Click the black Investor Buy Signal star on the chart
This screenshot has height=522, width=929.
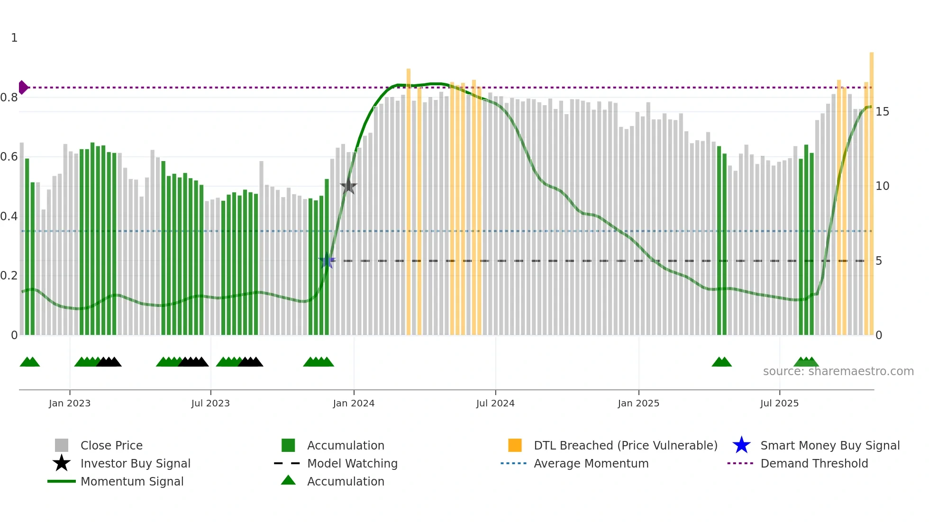(x=348, y=187)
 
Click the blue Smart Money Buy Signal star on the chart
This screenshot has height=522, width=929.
(x=327, y=261)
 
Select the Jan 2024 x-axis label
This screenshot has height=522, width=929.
(x=354, y=403)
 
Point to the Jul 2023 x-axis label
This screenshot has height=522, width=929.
(x=210, y=403)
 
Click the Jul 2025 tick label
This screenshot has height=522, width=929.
(x=779, y=403)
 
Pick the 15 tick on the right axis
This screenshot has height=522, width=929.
(x=882, y=112)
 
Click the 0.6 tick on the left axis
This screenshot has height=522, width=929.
(x=9, y=157)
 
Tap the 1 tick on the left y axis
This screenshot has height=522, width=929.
(x=14, y=38)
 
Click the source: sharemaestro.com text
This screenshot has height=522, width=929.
(x=838, y=371)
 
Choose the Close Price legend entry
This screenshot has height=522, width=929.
(x=111, y=445)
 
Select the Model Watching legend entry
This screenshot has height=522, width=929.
(x=352, y=463)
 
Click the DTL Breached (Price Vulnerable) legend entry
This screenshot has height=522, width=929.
(x=625, y=445)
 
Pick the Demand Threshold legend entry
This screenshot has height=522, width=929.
(x=814, y=463)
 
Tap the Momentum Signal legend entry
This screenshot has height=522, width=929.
(x=132, y=481)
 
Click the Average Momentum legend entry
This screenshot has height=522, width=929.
(x=591, y=463)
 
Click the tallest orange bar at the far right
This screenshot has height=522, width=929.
(x=871, y=189)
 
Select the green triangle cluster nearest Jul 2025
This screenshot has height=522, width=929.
(x=806, y=362)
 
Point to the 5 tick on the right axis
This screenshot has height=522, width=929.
(x=879, y=261)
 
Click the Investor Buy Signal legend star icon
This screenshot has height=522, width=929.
(x=62, y=463)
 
